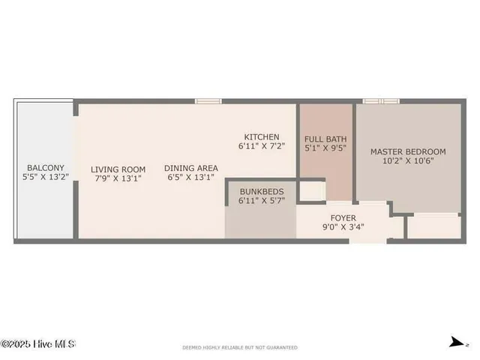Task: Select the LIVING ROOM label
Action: click(x=118, y=169)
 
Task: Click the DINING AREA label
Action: click(x=191, y=168)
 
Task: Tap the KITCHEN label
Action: click(x=262, y=136)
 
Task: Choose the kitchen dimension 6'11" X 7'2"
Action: click(x=262, y=146)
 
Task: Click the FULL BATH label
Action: click(x=325, y=139)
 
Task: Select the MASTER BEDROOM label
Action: click(x=408, y=151)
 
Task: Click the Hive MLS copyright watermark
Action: click(x=38, y=344)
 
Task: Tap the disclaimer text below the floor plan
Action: click(x=240, y=347)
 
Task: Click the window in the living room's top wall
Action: click(x=208, y=100)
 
